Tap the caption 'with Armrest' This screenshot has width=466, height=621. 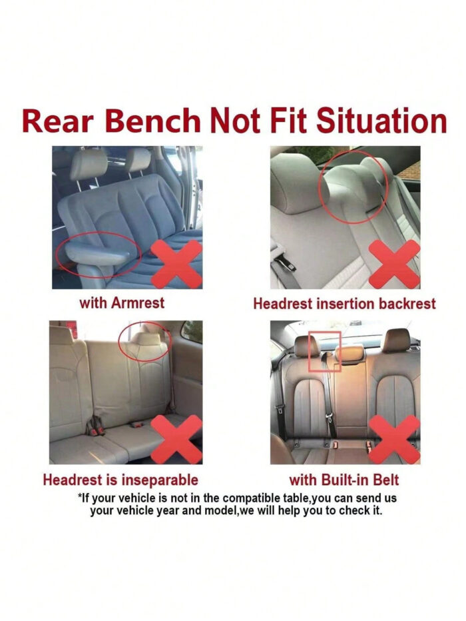pos(122,303)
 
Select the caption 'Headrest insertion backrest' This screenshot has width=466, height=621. pos(344,304)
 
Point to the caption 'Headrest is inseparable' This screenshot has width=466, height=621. pos(120,480)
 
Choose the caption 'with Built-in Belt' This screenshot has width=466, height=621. pos(344,480)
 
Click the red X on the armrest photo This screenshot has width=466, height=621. pos(176,264)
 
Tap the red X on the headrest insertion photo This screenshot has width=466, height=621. pos(394,264)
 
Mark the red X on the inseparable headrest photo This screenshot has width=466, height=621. pos(176,439)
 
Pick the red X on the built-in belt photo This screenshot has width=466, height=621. pos(394,440)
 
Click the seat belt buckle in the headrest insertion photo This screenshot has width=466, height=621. pos(285,262)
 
